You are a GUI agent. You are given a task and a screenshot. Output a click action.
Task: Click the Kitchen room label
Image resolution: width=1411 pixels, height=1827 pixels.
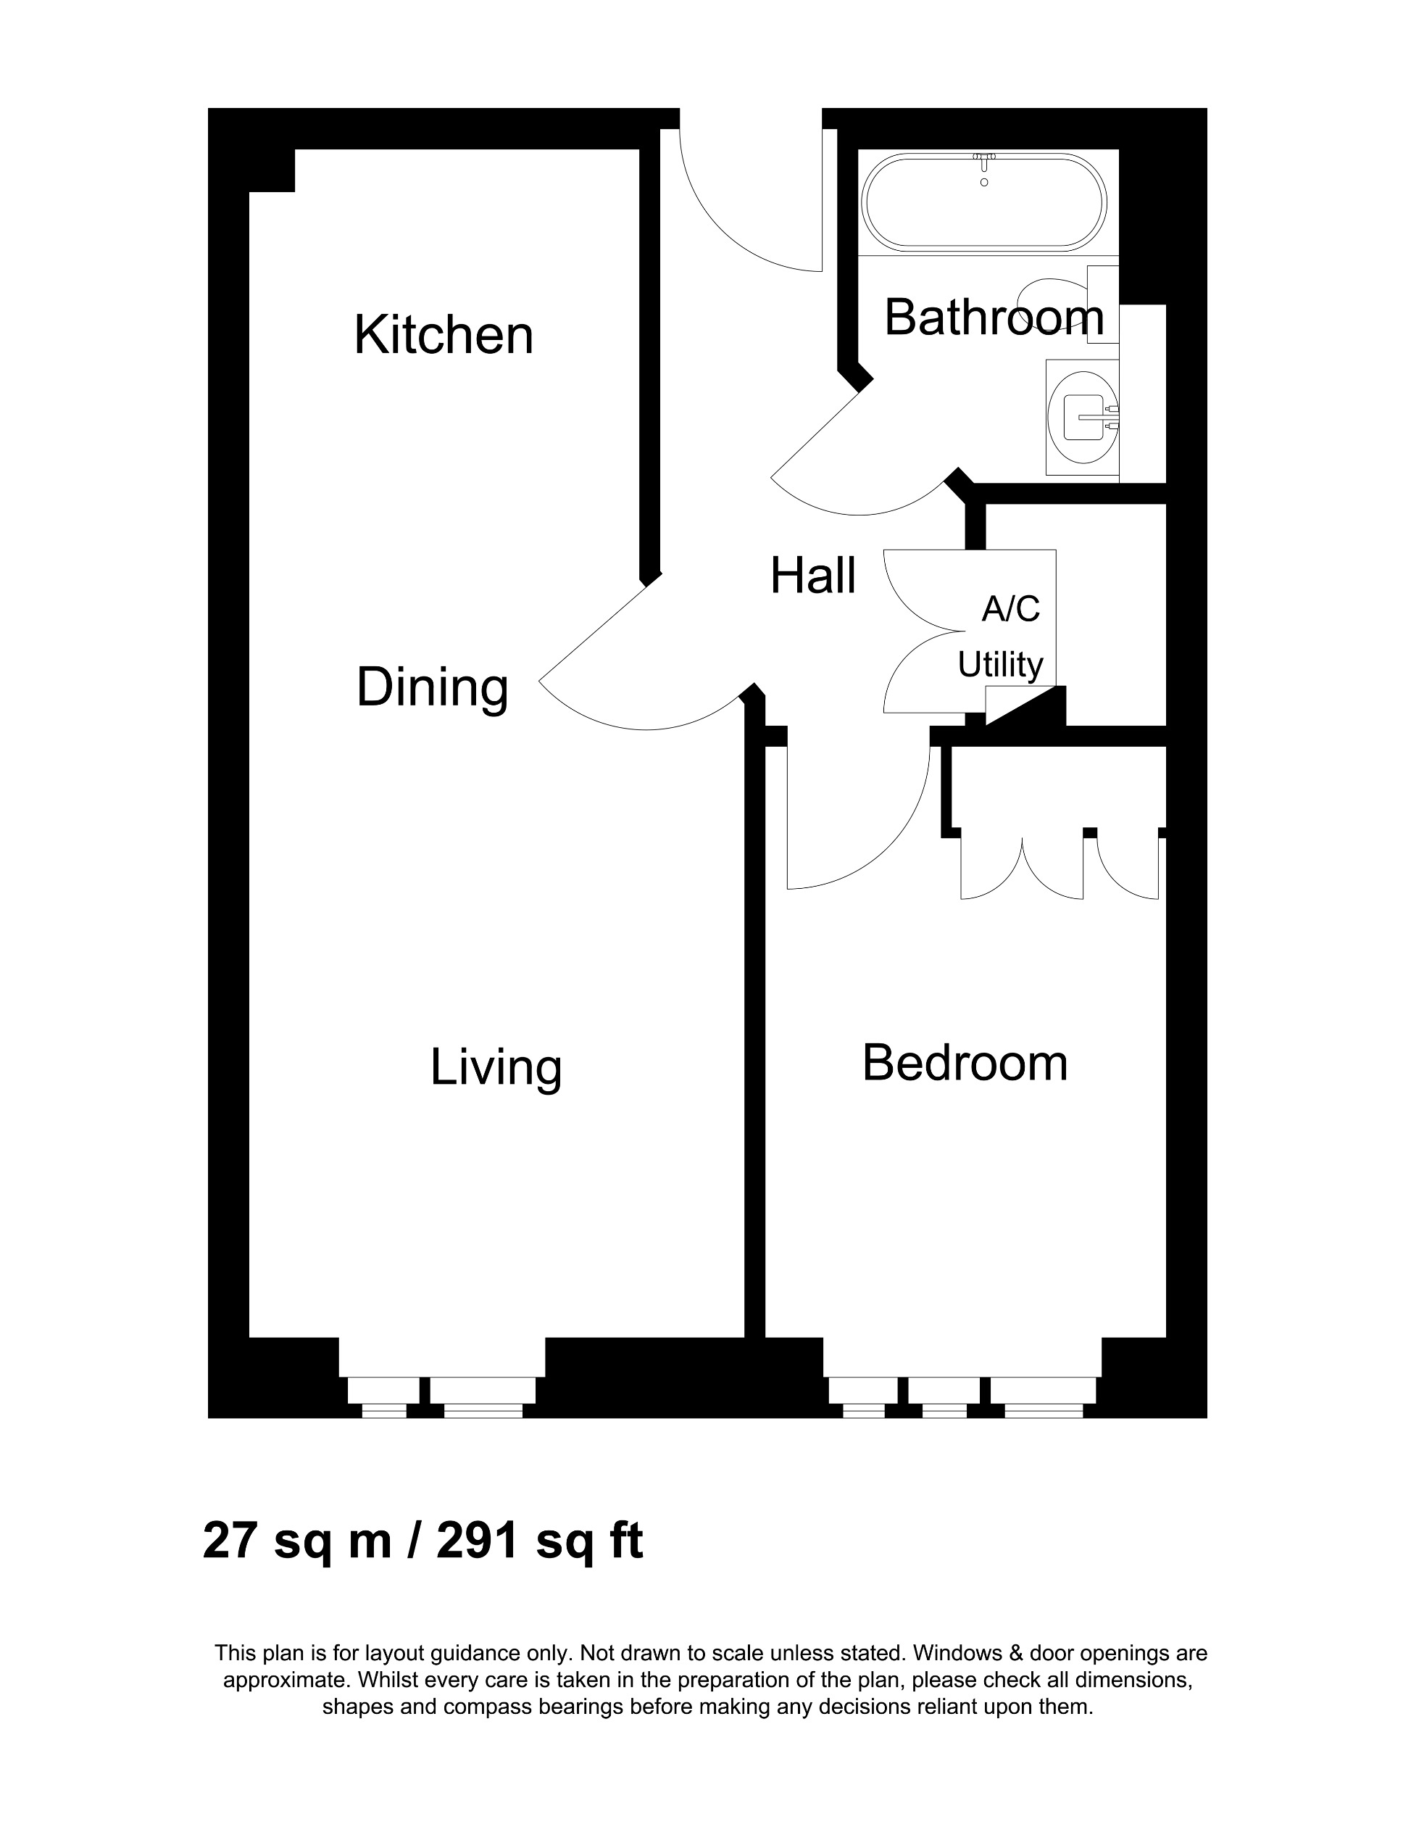click(x=444, y=336)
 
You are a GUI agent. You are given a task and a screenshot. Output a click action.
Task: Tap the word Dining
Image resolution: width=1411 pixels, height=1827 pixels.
click(x=433, y=687)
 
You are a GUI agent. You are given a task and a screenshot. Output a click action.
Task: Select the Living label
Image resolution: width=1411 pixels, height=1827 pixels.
click(x=495, y=1068)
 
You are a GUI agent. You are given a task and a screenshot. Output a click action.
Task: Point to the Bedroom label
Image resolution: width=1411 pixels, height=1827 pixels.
click(x=965, y=1064)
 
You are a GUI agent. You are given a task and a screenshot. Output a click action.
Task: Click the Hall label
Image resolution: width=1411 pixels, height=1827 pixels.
click(x=812, y=576)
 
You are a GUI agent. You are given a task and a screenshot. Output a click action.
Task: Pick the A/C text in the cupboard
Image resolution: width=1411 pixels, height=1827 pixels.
click(x=1010, y=609)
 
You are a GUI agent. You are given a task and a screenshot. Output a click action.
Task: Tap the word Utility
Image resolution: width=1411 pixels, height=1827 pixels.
click(x=999, y=665)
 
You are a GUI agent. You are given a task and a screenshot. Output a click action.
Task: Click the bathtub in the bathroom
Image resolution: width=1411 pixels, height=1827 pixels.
click(x=983, y=203)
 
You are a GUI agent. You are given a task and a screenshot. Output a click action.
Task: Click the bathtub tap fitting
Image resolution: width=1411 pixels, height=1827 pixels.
click(x=983, y=158)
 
